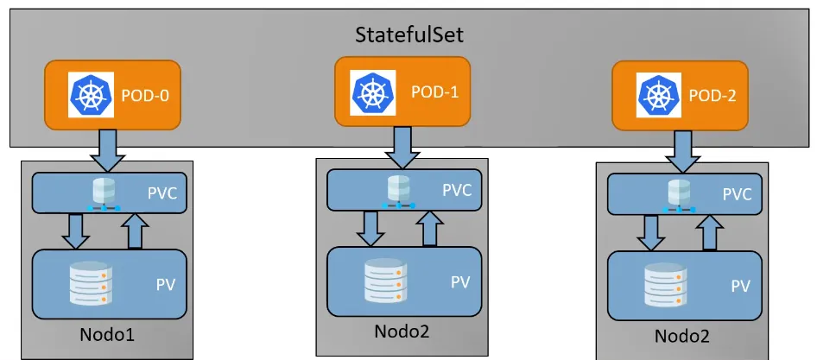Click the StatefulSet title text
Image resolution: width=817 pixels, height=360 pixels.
point(409,37)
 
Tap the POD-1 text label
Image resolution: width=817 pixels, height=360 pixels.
point(434,91)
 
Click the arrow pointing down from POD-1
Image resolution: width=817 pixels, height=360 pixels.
point(402,147)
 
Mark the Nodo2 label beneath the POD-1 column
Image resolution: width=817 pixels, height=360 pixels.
point(402,331)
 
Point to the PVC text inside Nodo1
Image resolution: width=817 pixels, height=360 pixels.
point(161,193)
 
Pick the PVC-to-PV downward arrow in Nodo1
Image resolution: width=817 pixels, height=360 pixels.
point(77,229)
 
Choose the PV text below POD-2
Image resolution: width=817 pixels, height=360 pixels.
point(740,286)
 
